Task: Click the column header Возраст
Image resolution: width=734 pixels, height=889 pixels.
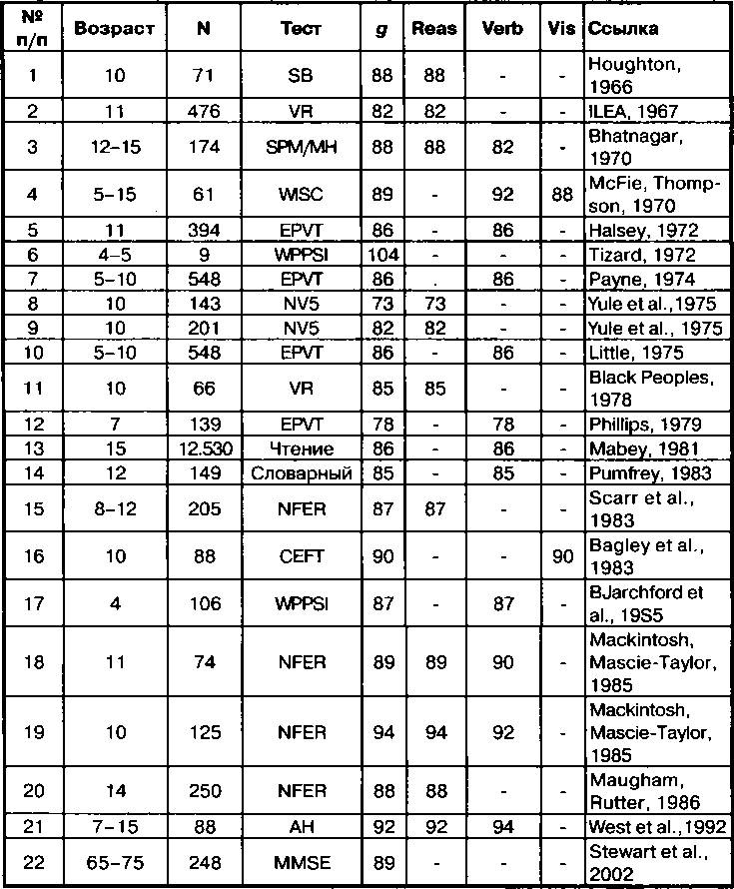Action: [x=114, y=29]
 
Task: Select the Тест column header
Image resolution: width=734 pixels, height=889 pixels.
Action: [x=301, y=29]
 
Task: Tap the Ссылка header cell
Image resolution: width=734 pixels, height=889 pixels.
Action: [x=623, y=29]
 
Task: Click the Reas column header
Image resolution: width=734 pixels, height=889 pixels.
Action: [x=434, y=29]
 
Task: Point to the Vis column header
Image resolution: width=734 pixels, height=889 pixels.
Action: [x=562, y=29]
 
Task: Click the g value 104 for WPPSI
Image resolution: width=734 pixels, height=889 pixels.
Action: [x=382, y=255]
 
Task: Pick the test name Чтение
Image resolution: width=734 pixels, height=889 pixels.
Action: [x=301, y=449]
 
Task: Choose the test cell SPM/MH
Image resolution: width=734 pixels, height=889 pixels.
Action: [x=301, y=147]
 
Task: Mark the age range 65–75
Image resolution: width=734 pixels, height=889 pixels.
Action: [x=114, y=862]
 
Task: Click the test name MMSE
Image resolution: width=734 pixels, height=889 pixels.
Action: [x=301, y=862]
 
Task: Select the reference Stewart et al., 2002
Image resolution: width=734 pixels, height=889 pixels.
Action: [x=648, y=862]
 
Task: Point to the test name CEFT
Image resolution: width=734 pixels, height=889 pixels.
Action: [x=301, y=556]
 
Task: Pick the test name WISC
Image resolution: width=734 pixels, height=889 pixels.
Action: [x=301, y=196]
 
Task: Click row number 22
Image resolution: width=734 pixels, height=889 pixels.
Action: [x=32, y=862]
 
